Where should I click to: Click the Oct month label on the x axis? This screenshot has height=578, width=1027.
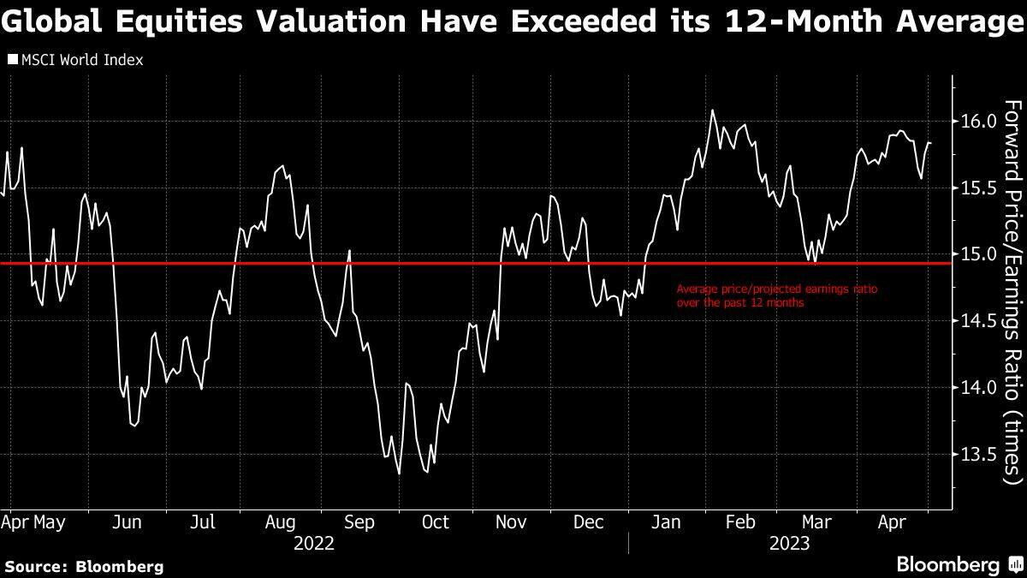[x=436, y=522]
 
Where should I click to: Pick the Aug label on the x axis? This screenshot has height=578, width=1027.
[x=281, y=522]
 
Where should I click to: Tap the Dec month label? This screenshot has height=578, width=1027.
[x=590, y=522]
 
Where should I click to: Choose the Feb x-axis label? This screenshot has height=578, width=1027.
[x=741, y=522]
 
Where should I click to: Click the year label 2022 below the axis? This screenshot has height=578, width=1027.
[x=313, y=544]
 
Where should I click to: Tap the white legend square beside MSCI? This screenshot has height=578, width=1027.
[x=12, y=60]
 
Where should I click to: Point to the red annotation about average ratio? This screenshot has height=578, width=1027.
[x=776, y=295]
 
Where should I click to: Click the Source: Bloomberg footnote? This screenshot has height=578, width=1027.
[x=84, y=566]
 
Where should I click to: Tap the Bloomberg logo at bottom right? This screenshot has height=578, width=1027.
[x=959, y=564]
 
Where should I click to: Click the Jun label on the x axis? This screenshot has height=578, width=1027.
[x=127, y=522]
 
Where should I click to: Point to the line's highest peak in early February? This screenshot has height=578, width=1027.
[x=712, y=110]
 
